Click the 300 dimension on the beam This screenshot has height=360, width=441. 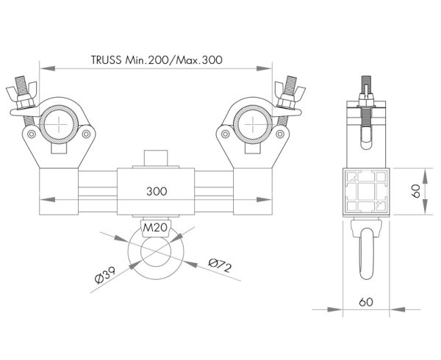[156, 190]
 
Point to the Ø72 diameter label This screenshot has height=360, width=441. [219, 263]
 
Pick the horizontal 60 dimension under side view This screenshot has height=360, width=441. [367, 302]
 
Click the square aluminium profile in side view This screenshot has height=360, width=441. [365, 189]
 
